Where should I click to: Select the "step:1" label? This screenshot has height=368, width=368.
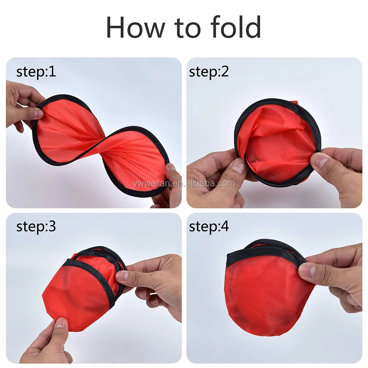(x=36, y=72)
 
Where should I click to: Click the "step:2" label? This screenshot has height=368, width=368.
(x=209, y=72)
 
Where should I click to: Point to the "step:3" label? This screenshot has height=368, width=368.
(x=36, y=227)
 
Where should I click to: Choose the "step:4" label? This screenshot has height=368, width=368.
(x=209, y=227)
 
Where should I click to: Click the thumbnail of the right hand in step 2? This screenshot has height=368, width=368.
(x=318, y=160)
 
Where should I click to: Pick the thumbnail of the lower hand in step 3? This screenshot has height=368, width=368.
(x=61, y=323)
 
